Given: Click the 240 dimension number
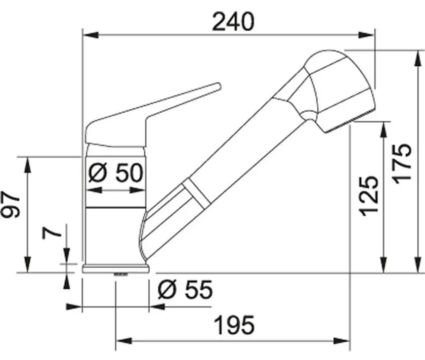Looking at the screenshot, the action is click(233, 22).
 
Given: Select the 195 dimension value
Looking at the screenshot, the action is click(234, 325).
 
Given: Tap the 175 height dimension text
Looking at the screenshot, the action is click(402, 164).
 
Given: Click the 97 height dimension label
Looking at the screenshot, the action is click(11, 204).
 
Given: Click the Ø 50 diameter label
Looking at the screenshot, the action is click(116, 173).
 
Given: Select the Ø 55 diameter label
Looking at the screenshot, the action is click(185, 289).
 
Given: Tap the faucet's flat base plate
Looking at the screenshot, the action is click(116, 269).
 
